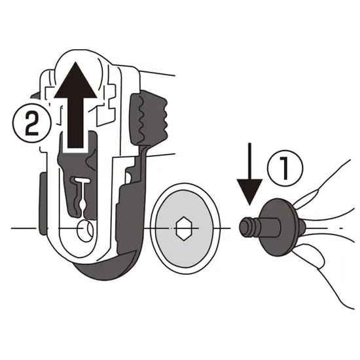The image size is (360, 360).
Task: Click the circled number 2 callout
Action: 31,124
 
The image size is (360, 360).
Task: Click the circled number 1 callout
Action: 285,168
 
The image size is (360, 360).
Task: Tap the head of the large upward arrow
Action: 75,81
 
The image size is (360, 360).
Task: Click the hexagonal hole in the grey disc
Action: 184,228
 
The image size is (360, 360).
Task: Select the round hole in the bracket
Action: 85,230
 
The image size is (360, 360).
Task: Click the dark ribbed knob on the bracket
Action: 149,117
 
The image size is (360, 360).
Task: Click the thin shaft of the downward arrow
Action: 250,161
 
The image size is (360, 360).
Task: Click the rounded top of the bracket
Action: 78,58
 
